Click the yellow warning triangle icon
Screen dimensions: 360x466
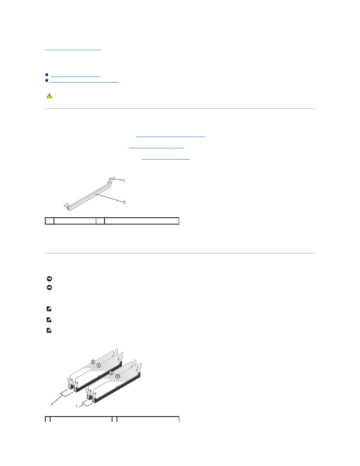(49, 96)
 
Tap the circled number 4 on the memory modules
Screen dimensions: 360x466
(93, 362)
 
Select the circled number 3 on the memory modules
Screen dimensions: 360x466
(98, 365)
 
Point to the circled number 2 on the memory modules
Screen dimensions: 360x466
(111, 373)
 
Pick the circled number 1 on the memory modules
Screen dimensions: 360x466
(117, 376)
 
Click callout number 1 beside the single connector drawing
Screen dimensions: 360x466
(124, 180)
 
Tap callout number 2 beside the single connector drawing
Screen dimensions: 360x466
(124, 202)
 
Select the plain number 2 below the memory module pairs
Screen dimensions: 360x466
(52, 404)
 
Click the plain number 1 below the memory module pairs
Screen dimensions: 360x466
(77, 406)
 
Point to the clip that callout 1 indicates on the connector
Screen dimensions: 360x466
(111, 179)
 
